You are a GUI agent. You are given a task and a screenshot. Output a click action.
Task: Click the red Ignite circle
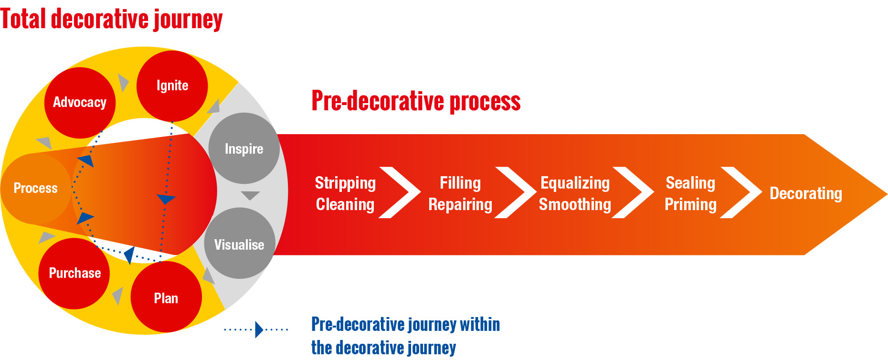(x=172, y=86)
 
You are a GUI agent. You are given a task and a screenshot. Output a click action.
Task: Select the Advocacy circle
(x=80, y=103)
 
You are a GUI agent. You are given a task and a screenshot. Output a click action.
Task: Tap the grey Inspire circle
(x=244, y=148)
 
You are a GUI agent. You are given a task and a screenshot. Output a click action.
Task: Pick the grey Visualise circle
(x=239, y=244)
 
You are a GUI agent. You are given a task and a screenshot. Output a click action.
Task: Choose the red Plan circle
(x=166, y=297)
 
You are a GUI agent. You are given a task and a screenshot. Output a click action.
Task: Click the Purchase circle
(x=74, y=274)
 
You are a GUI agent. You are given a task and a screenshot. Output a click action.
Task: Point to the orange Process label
(x=35, y=188)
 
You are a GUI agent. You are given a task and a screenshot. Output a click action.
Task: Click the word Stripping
(x=345, y=183)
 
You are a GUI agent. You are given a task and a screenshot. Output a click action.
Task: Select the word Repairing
(x=460, y=204)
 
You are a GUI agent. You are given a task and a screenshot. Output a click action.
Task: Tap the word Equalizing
(x=575, y=183)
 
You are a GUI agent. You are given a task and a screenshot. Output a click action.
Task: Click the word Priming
(x=690, y=204)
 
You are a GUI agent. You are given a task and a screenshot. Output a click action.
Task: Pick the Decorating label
(x=806, y=193)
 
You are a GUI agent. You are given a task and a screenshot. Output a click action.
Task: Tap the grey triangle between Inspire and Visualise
(x=250, y=196)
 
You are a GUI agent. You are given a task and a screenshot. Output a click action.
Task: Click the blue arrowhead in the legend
(x=259, y=329)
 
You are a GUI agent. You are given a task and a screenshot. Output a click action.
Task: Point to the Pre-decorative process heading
(x=416, y=101)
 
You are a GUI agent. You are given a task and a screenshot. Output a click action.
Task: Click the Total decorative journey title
(x=111, y=19)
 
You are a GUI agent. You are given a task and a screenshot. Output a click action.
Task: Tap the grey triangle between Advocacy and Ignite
(x=123, y=83)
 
